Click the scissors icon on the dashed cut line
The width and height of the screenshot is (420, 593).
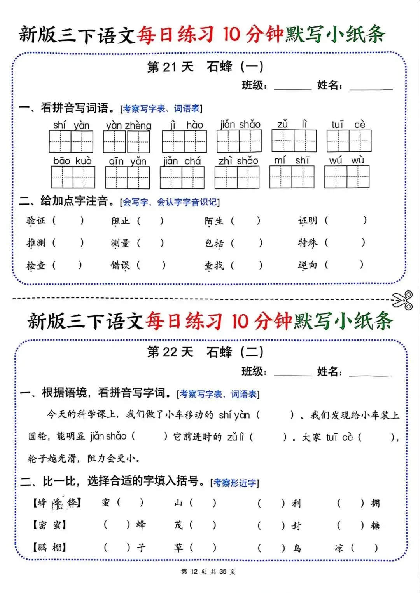coord(402,300)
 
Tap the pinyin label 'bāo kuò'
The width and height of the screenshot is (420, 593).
coord(73,161)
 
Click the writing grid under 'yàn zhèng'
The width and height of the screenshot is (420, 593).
coord(126,142)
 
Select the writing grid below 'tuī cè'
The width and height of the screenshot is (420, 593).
coord(349,141)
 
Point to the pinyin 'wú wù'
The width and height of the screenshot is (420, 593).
coord(346,160)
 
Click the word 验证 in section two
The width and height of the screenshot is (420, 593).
coord(36,221)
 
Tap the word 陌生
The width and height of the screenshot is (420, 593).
coord(214,221)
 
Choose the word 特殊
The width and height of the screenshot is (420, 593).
coord(308,243)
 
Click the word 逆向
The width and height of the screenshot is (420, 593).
coord(308,265)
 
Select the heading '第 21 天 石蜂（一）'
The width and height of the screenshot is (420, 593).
coord(205,67)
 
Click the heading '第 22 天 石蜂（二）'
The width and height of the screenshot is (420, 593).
coord(205,352)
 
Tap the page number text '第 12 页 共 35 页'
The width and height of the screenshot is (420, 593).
coord(208,571)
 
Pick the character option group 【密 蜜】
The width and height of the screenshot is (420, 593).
coord(49,525)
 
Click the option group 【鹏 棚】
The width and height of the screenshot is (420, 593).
coord(49,548)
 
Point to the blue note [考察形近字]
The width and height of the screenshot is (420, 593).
coord(234,483)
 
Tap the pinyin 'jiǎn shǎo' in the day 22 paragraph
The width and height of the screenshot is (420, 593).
coord(108,436)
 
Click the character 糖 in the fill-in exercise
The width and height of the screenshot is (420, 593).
coord(375,525)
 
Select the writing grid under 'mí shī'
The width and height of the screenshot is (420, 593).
coord(292,177)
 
